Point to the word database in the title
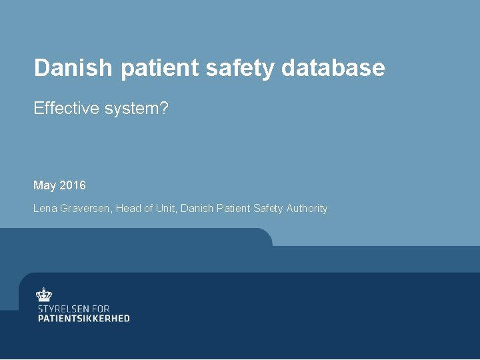pos(334,67)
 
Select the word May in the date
pos(45,185)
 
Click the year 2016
pos(73,185)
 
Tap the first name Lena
pos(45,209)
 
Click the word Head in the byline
pos(128,209)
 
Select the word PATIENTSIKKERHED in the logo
pos(83,319)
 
